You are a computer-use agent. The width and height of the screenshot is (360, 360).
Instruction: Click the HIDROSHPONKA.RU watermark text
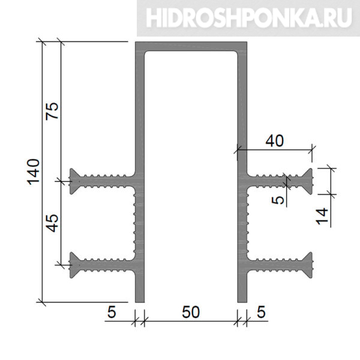(x=249, y=18)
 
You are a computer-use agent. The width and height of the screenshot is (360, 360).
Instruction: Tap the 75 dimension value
(x=52, y=111)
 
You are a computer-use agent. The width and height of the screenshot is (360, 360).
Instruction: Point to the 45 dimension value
(x=52, y=223)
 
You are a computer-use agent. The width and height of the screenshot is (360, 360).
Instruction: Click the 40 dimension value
(x=275, y=141)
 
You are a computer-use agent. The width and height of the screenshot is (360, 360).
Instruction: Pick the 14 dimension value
(x=322, y=216)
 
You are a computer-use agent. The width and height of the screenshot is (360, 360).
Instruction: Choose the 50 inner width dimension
(x=191, y=312)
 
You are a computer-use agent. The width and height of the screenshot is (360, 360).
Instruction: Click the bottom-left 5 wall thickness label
(x=112, y=312)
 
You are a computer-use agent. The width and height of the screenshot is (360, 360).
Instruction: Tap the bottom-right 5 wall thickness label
(x=261, y=312)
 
